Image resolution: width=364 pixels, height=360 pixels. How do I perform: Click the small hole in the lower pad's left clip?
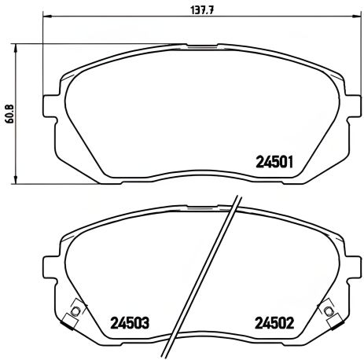[x=75, y=312]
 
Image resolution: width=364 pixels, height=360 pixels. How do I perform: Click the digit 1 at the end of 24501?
[x=292, y=164]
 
